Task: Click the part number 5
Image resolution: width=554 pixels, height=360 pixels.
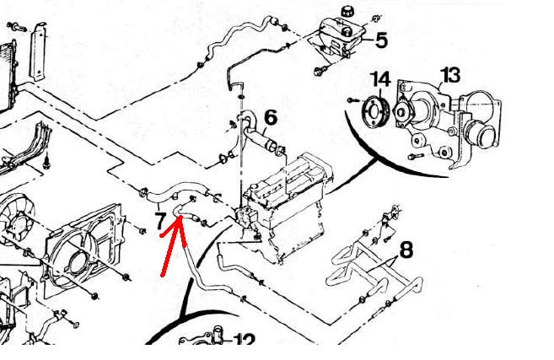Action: (380, 39)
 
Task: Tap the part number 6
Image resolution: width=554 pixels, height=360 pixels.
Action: (271, 118)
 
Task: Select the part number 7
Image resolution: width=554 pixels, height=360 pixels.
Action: (159, 222)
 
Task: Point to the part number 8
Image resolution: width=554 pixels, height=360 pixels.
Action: (406, 250)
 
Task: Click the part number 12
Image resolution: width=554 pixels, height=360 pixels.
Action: (244, 341)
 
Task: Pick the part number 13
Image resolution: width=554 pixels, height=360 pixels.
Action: (450, 76)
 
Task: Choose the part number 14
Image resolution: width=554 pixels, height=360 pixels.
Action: (381, 81)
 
